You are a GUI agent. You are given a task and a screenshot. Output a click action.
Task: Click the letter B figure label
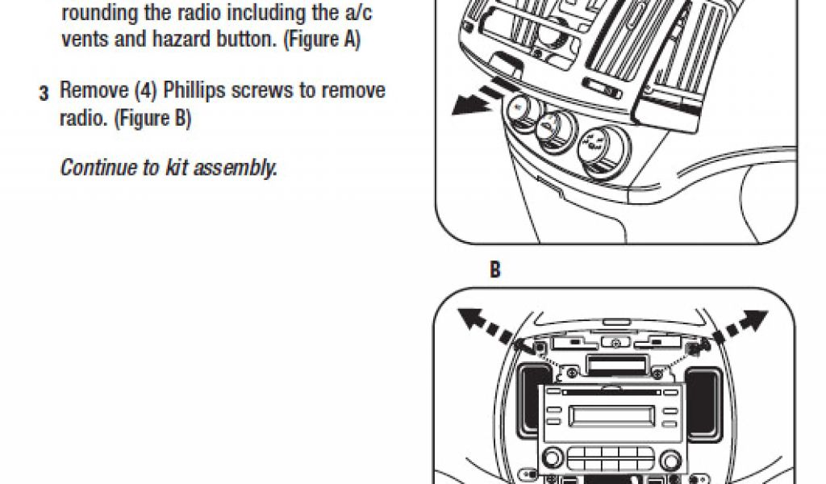click(x=495, y=271)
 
